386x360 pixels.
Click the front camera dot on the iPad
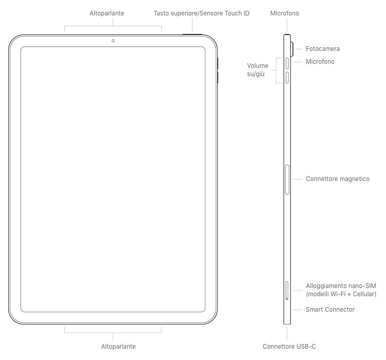(113, 41)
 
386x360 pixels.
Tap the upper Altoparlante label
(107, 13)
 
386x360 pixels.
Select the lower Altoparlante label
(118, 347)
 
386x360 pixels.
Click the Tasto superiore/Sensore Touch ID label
(202, 13)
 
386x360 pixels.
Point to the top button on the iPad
(192, 34)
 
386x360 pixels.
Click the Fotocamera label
(323, 49)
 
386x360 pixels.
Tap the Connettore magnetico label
(338, 179)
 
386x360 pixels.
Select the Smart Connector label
(330, 310)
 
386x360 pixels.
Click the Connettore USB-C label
(289, 347)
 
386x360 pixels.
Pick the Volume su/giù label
(257, 70)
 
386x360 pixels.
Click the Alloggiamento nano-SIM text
(341, 286)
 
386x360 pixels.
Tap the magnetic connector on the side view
(287, 179)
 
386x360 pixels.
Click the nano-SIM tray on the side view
(287, 291)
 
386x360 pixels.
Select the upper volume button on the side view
(287, 63)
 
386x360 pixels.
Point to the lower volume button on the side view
(287, 78)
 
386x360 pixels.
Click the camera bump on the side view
(292, 49)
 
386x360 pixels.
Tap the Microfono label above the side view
(285, 13)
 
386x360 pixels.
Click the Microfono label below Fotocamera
(320, 62)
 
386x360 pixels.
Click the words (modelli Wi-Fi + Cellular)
(341, 294)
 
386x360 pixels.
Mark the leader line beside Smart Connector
(298, 310)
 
